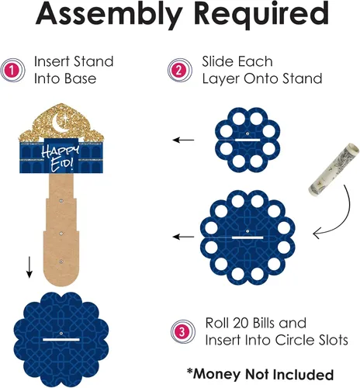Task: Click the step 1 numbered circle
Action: pyautogui.click(x=12, y=71)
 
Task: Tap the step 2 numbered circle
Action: pyautogui.click(x=179, y=71)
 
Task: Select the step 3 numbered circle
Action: pyautogui.click(x=183, y=331)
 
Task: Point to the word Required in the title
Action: pyautogui.click(x=261, y=13)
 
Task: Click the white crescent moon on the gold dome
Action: pyautogui.click(x=60, y=123)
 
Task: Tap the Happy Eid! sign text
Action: pyautogui.click(x=61, y=158)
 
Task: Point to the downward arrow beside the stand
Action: pyautogui.click(x=29, y=267)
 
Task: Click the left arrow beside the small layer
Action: pyautogui.click(x=183, y=140)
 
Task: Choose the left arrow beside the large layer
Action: pyautogui.click(x=183, y=237)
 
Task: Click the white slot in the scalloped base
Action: pyautogui.click(x=61, y=339)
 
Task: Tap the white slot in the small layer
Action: pyautogui.click(x=247, y=140)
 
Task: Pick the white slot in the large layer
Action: pyautogui.click(x=247, y=237)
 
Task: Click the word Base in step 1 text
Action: pyautogui.click(x=80, y=78)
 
